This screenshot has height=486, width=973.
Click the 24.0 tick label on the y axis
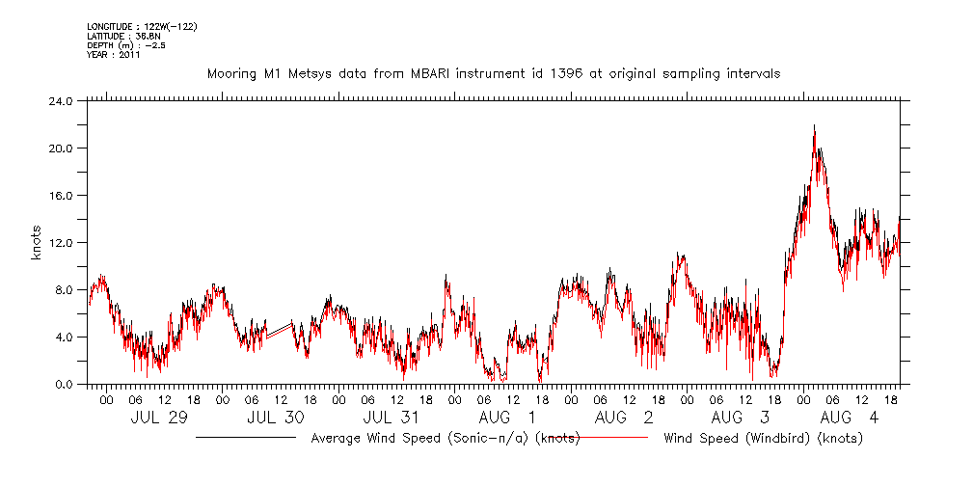pos(63,100)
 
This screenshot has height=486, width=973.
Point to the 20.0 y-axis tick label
pos(63,148)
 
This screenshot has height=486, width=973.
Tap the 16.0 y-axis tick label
pos(63,195)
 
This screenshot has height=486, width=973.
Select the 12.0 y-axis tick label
pos(63,242)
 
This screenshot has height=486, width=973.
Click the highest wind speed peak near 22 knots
pos(815,126)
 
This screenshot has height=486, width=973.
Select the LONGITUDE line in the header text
pos(142,26)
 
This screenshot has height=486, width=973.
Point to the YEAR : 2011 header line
pos(114,55)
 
